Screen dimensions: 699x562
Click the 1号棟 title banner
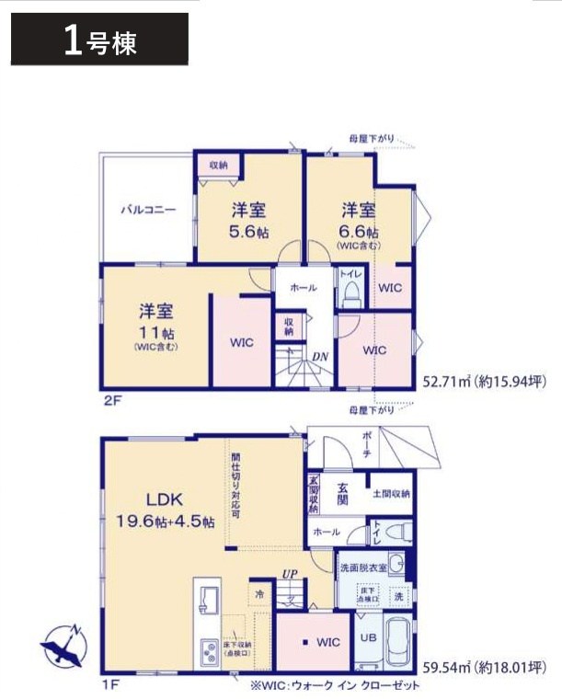(99, 40)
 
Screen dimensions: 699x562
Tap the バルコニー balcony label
(147, 210)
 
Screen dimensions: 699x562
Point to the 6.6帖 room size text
(359, 231)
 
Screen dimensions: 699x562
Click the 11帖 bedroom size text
(155, 332)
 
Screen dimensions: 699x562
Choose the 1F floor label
(110, 683)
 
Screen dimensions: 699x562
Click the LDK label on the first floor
(166, 500)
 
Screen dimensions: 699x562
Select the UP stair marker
(291, 573)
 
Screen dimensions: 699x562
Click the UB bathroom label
(367, 637)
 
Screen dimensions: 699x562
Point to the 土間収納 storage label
(391, 494)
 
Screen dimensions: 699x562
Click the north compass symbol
(63, 647)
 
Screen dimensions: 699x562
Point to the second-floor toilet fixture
(350, 293)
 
